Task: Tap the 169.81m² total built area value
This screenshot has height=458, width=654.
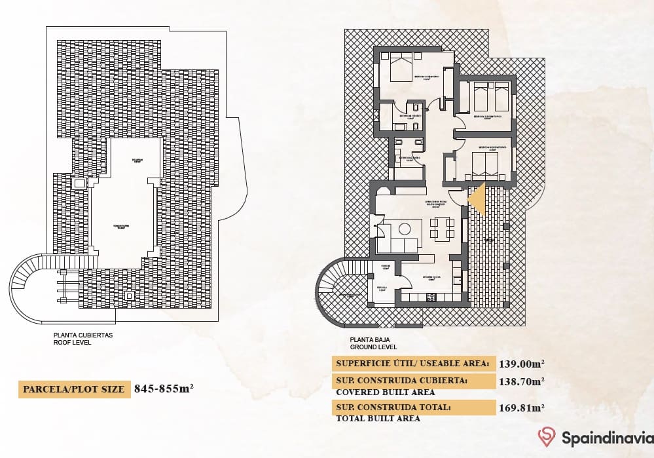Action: (522, 408)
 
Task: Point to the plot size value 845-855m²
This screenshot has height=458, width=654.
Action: (163, 389)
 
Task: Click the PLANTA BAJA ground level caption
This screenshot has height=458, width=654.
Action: (374, 343)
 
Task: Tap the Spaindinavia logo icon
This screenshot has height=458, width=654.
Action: (547, 436)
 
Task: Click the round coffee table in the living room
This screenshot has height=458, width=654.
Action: (405, 228)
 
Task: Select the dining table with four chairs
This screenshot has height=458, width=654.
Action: (442, 227)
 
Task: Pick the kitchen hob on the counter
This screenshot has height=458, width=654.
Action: (431, 298)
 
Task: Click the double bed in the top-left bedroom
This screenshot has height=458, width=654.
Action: (401, 66)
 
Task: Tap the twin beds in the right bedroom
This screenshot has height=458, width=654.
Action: (491, 98)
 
